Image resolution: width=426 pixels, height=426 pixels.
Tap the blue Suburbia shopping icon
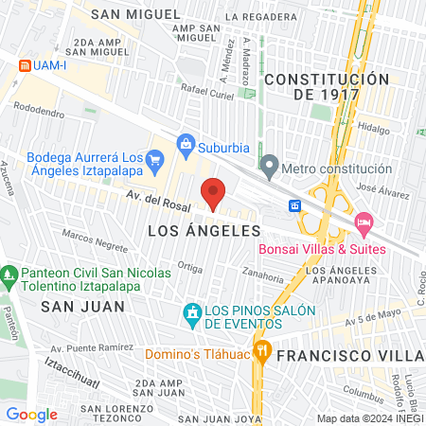[186, 146]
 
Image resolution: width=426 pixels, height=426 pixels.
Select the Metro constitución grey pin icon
[270, 168]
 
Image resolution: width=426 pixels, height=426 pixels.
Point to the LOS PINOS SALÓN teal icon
[192, 311]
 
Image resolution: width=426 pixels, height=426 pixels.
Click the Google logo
[31, 414]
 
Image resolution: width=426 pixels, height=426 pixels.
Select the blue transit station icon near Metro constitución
[295, 205]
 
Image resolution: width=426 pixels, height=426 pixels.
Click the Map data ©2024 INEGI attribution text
[368, 417]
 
